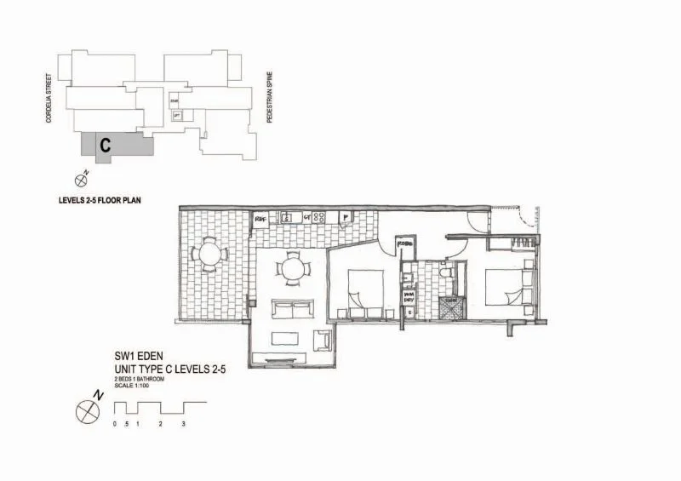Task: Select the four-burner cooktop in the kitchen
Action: (x=319, y=218)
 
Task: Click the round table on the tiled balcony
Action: (x=207, y=253)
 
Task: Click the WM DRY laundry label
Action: (x=409, y=296)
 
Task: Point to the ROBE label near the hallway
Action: (x=404, y=244)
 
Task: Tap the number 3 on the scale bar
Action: (x=183, y=424)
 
